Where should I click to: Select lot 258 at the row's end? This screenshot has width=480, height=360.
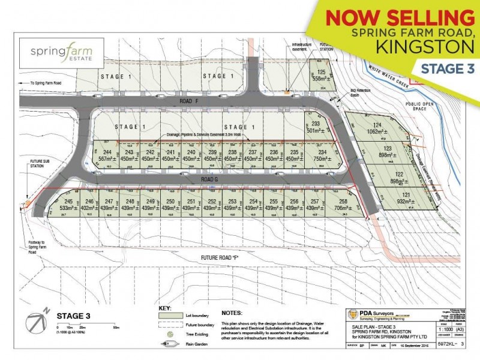pos(343,205)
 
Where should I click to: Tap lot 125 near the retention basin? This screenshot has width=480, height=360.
pos(322,76)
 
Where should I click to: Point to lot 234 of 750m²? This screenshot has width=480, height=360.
pos(322,155)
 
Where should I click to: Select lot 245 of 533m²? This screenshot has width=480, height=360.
pos(68,205)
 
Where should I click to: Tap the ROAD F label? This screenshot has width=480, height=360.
pos(186,101)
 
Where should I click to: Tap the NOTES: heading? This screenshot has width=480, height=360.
pos(232,313)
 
